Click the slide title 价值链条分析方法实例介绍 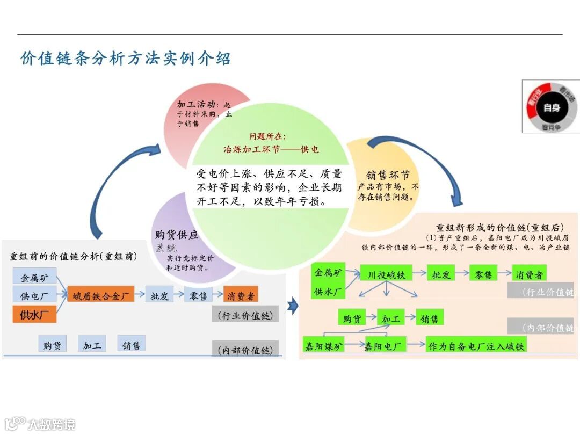pyautogui.click(x=126, y=58)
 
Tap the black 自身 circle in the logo pyautogui.click(x=552, y=107)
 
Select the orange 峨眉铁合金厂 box pyautogui.click(x=100, y=295)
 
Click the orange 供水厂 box pyautogui.click(x=34, y=315)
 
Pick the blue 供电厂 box pyautogui.click(x=34, y=295)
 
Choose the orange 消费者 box pyautogui.click(x=240, y=295)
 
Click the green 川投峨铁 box pyautogui.click(x=387, y=274)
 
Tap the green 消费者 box pyautogui.click(x=529, y=274)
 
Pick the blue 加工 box pyautogui.click(x=92, y=345)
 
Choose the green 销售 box pyautogui.click(x=430, y=318)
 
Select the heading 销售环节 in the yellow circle pyautogui.click(x=388, y=175)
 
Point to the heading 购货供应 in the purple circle pyautogui.click(x=177, y=235)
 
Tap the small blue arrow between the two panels pyautogui.click(x=293, y=307)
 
